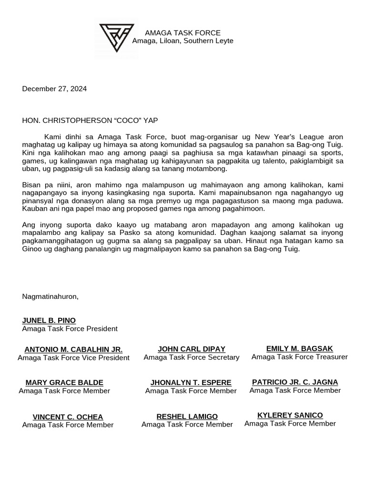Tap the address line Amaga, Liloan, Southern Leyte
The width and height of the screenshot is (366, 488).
(x=183, y=41)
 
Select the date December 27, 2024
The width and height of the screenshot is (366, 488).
(x=54, y=89)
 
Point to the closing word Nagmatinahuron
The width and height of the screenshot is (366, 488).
(x=50, y=296)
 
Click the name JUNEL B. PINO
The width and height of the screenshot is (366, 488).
(x=49, y=320)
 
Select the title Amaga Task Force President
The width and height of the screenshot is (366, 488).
(x=70, y=329)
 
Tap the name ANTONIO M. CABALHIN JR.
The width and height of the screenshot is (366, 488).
(x=73, y=349)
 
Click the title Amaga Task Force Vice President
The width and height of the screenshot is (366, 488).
(x=73, y=358)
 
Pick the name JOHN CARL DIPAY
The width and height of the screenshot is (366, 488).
(x=192, y=349)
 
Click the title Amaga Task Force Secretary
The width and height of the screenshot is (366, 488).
(x=192, y=357)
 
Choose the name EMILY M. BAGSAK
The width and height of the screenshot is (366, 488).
(x=300, y=348)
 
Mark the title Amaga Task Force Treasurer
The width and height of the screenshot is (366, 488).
(x=300, y=357)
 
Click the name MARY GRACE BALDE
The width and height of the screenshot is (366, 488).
(x=64, y=383)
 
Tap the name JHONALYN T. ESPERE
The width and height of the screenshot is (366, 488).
(x=191, y=383)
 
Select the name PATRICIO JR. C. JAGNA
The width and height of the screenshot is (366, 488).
(x=295, y=382)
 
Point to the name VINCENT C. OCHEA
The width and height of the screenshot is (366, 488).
(x=68, y=417)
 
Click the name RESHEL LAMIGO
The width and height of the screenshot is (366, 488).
(x=187, y=417)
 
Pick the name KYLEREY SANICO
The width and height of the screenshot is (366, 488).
(x=290, y=415)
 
